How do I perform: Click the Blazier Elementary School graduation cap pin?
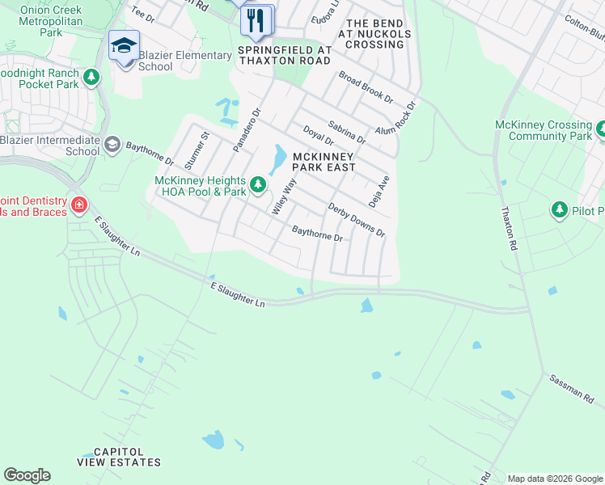[x=125, y=46]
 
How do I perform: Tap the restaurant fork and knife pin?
[x=257, y=20]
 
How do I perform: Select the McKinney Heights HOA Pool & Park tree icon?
[x=258, y=186]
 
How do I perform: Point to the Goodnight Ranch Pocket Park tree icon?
[x=92, y=78]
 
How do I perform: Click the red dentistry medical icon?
[x=78, y=205]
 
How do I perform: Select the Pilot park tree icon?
[x=559, y=211]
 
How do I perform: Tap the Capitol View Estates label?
[x=119, y=457]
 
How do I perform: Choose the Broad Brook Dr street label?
[x=366, y=88]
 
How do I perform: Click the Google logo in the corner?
[x=27, y=475]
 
